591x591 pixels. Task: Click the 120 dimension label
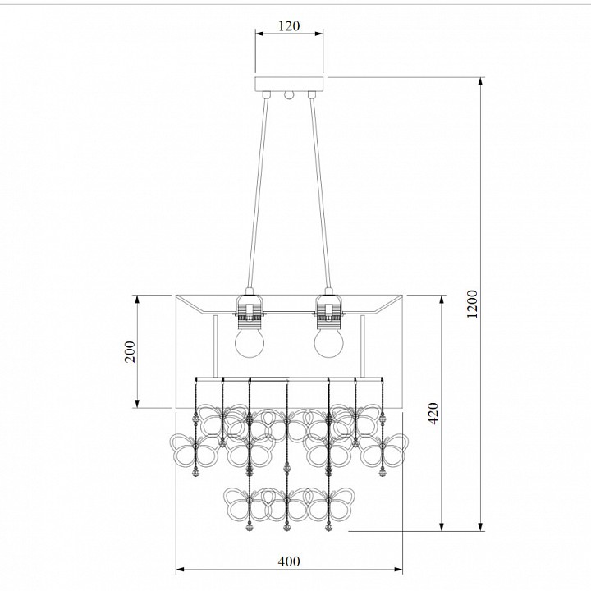(x=289, y=25)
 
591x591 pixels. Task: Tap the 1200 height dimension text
(x=472, y=304)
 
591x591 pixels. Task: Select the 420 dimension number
(x=434, y=414)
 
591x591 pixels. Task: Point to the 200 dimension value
(x=130, y=351)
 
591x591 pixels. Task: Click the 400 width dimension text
(x=289, y=561)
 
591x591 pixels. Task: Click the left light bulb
(x=250, y=341)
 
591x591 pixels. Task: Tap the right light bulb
(x=329, y=341)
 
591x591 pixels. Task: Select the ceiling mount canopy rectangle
(x=289, y=84)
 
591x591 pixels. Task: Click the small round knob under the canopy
(x=289, y=94)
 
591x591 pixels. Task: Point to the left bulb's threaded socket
(x=250, y=321)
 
